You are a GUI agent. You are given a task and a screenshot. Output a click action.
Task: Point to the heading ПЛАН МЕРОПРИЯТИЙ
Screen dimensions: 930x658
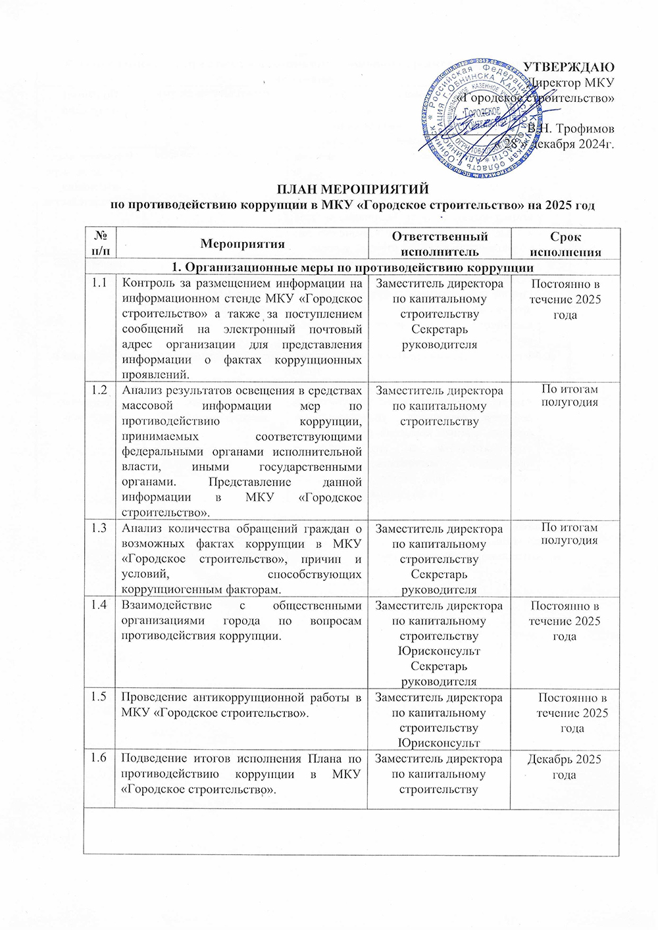(x=352, y=189)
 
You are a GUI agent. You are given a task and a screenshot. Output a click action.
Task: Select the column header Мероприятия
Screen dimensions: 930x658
(x=243, y=244)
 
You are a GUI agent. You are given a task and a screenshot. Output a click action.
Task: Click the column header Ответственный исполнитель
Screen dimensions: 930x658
(x=440, y=243)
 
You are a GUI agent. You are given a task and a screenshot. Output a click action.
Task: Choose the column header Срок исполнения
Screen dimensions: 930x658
(x=565, y=244)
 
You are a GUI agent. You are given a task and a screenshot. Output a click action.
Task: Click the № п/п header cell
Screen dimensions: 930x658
(x=101, y=243)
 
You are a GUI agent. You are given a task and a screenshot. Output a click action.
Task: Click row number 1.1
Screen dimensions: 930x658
(x=100, y=283)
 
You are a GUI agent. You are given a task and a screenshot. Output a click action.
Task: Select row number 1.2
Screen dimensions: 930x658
(x=100, y=390)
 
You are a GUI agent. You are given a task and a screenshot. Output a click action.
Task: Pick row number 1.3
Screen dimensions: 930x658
(x=100, y=529)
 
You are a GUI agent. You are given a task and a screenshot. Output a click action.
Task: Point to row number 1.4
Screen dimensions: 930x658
(x=100, y=606)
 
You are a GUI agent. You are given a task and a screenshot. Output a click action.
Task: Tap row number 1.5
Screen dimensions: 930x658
(x=100, y=697)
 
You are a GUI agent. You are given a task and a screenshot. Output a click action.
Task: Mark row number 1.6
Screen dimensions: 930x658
(x=100, y=758)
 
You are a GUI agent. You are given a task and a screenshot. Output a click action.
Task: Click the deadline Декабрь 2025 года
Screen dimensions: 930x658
(x=565, y=767)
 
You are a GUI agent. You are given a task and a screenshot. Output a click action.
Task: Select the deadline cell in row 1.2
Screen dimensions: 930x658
(x=569, y=396)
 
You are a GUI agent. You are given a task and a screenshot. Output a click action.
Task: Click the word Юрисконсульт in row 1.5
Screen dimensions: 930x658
(x=439, y=743)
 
